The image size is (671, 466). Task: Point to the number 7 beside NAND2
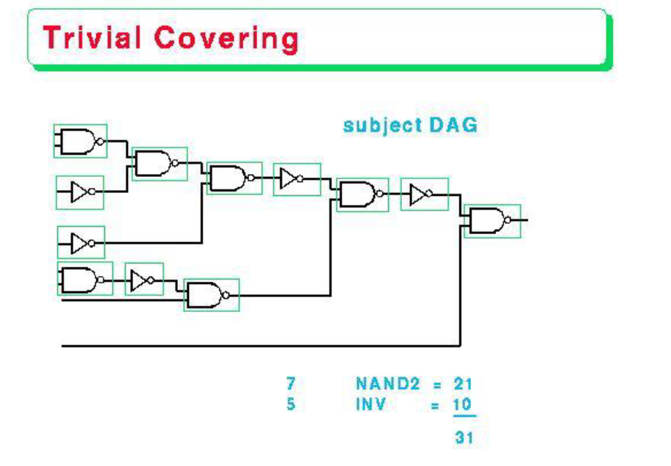291,383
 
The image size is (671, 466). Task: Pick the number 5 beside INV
291,404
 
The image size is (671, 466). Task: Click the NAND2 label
386,383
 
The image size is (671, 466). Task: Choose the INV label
371,404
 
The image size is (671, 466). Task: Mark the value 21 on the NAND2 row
463,383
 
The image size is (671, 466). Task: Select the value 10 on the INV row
463,404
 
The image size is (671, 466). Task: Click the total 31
463,438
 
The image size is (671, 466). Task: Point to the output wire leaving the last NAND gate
521,219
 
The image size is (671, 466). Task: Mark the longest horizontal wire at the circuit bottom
257,344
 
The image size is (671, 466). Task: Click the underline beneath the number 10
464,415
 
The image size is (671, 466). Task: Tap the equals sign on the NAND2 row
437,384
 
